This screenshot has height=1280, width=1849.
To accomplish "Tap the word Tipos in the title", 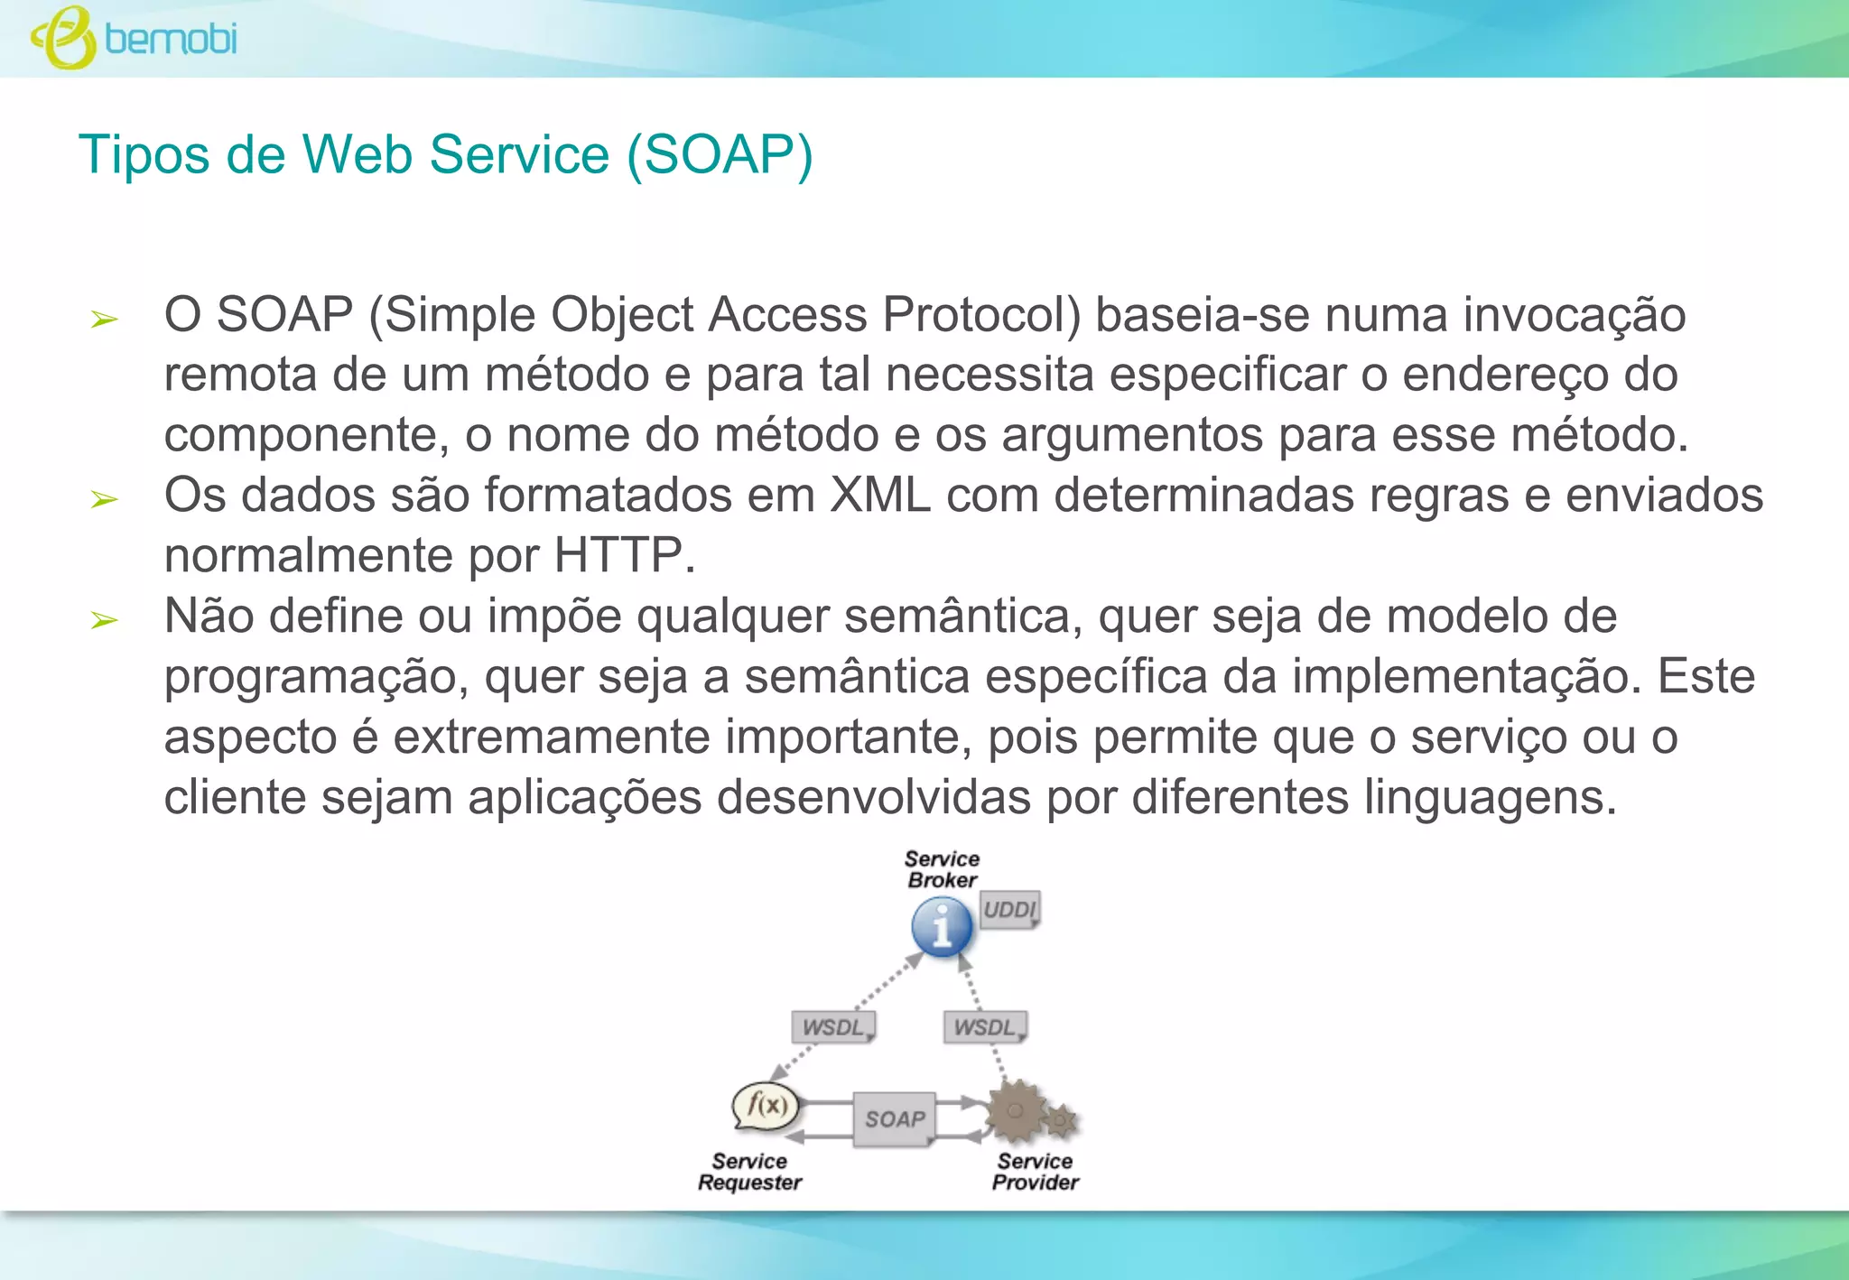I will click(x=144, y=154).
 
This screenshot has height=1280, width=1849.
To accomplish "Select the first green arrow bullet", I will click(x=105, y=319).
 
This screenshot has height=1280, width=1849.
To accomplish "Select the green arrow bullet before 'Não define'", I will click(x=105, y=620).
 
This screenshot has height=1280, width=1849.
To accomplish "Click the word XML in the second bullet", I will click(x=879, y=496).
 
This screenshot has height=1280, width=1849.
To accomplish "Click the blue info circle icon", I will click(x=942, y=927).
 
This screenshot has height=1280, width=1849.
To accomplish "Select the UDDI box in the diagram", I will click(x=1009, y=909).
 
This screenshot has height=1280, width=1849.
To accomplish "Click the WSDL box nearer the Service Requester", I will click(x=833, y=1027).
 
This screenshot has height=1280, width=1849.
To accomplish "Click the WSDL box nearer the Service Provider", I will click(x=985, y=1027).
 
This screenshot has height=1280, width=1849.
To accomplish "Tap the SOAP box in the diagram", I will click(x=895, y=1119).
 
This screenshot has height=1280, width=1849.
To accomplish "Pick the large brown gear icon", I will click(x=1016, y=1111).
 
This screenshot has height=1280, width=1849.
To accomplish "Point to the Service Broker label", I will click(x=942, y=869).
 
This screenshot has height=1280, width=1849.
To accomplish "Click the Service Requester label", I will click(x=749, y=1172).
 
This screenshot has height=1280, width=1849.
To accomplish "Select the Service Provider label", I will click(x=1035, y=1172).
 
